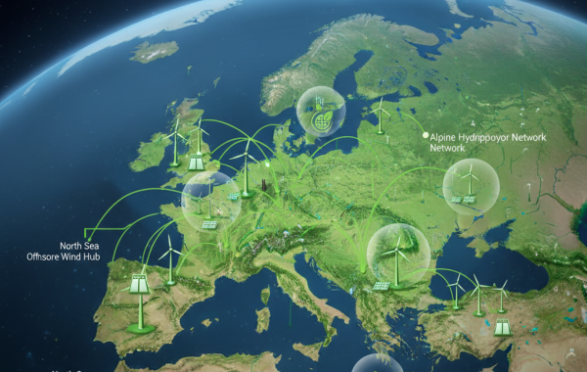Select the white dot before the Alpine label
coord(426,136)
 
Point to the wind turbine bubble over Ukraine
coord(466,186)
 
